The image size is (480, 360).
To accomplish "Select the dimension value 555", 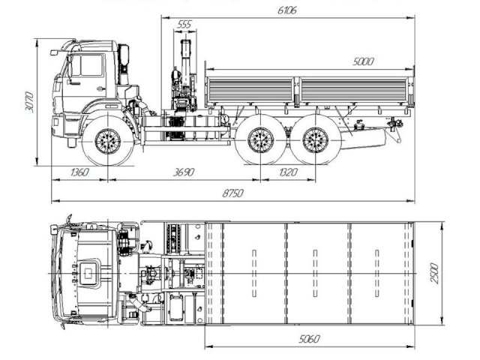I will tap(183, 25).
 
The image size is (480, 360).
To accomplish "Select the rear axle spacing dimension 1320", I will tap(287, 172).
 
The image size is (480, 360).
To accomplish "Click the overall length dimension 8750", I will tap(233, 193).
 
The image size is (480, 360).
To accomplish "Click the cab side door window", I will tap(88, 66).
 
